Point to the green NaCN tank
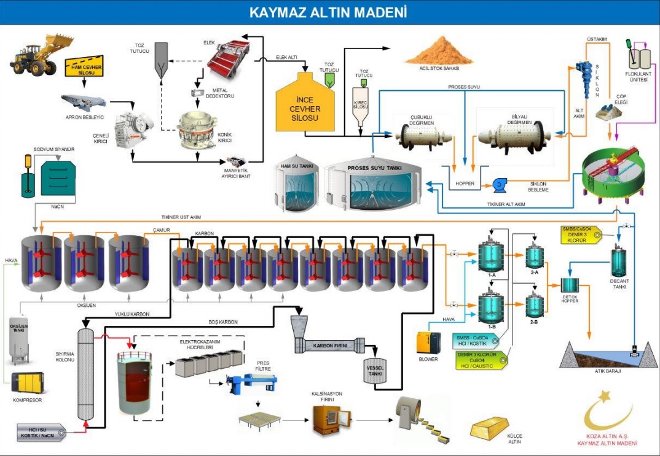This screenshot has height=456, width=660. (58, 178)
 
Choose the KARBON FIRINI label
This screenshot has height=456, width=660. (331, 346)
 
